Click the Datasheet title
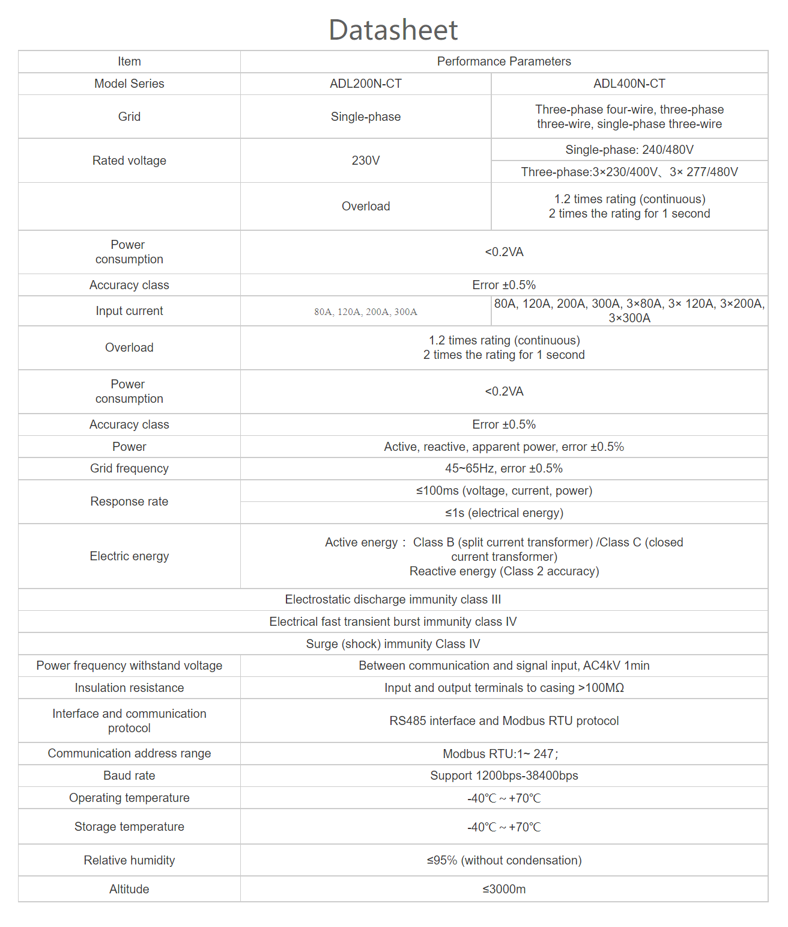(393, 30)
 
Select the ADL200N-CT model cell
(366, 84)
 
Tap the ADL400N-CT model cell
(629, 84)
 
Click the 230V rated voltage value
(366, 161)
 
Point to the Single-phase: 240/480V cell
(629, 150)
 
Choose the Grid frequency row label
(129, 468)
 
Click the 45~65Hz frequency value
(504, 468)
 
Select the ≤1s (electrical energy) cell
(504, 513)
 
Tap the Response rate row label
(129, 501)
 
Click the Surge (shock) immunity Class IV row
(393, 644)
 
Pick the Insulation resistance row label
(129, 688)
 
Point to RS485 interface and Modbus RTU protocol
(504, 721)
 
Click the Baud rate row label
(129, 776)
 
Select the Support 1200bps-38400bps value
(504, 776)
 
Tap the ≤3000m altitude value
(504, 889)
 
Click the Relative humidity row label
(129, 860)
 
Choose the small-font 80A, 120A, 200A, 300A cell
(366, 311)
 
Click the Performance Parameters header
(504, 61)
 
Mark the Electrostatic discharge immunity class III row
(393, 599)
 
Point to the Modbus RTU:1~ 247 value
(500, 754)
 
